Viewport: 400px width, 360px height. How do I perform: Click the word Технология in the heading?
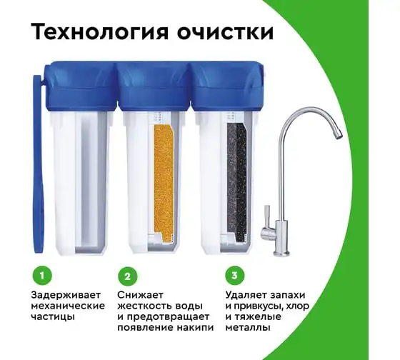point(100,32)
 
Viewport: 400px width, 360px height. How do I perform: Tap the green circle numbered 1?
point(42,276)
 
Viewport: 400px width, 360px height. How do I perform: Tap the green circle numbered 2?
point(128,276)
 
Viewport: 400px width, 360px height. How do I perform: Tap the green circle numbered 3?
point(235,276)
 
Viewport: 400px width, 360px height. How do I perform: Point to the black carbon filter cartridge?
point(236,181)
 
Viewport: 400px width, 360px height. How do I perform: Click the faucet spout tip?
point(338,135)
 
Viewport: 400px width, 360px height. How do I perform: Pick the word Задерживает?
point(66,295)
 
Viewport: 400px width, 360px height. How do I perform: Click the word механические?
point(68,306)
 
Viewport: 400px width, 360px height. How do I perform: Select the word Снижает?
point(140,295)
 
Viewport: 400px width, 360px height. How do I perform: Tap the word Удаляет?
point(244,296)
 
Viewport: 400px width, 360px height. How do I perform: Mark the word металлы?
point(248,328)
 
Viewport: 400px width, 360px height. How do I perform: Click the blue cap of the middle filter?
point(155,86)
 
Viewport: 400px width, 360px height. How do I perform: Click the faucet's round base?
point(281,253)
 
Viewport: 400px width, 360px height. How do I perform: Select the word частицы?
point(53,317)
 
